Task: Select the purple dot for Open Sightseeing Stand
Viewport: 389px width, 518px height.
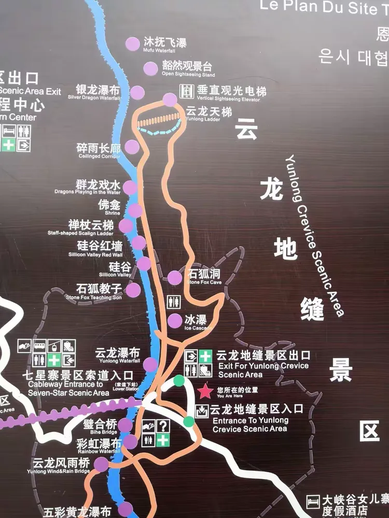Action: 150,68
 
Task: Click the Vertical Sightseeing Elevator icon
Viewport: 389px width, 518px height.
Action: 186,91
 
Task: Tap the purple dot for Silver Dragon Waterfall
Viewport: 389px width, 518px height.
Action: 137,93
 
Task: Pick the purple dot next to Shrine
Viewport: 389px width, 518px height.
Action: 135,210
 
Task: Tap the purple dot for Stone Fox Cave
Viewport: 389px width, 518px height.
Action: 175,278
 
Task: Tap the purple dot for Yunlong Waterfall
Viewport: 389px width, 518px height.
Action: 150,364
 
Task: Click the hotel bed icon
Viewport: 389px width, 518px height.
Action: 313,501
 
